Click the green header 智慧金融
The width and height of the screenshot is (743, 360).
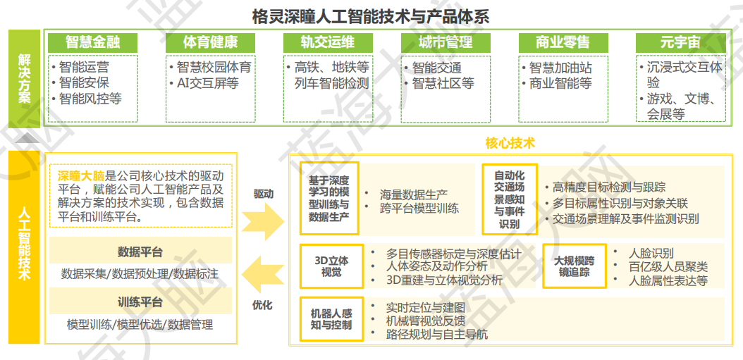[93, 42]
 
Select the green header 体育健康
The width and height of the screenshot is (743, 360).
[210, 42]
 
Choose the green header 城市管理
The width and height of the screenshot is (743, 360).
[445, 42]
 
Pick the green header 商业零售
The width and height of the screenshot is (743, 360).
[563, 42]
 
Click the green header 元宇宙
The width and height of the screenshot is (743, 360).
[680, 42]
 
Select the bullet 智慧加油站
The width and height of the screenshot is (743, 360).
[560, 68]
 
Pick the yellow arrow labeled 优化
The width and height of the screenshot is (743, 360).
[263, 276]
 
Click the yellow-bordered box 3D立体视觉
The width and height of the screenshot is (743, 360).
[331, 266]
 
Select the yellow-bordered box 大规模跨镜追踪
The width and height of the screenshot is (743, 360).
[574, 266]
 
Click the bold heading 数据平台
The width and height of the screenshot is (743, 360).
[140, 252]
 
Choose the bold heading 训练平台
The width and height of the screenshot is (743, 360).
[140, 302]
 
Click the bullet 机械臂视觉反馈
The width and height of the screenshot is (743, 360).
[426, 321]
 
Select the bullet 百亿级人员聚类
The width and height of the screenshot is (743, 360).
[668, 267]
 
